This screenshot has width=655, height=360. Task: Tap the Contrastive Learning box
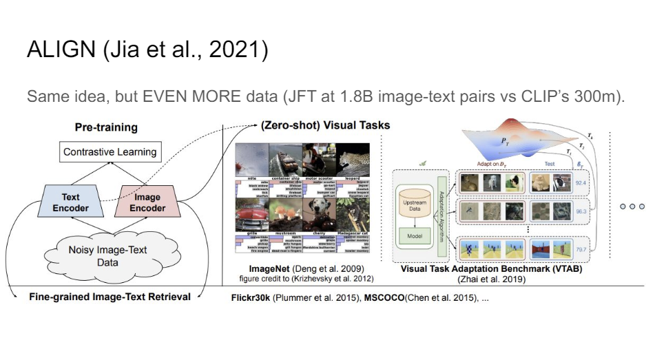tap(110, 152)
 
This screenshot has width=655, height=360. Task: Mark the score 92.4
tap(582, 183)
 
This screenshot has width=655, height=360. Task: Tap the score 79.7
tap(582, 248)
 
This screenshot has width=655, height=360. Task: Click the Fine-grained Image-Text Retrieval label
tap(110, 297)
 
